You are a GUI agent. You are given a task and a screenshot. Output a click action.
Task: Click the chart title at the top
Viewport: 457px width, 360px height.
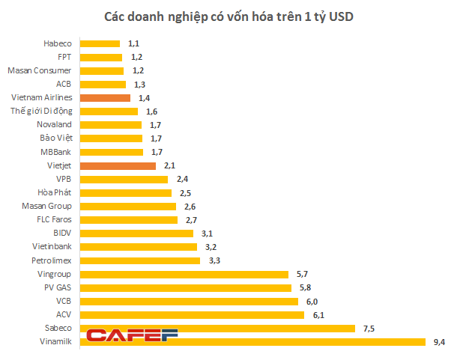[x=228, y=16]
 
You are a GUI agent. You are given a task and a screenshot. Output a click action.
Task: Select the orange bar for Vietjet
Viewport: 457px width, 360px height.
[x=118, y=165]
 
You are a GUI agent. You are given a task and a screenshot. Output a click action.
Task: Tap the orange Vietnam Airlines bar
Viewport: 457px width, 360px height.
[x=105, y=97]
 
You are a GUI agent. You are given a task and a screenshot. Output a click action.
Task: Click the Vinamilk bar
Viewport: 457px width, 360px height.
[x=252, y=341]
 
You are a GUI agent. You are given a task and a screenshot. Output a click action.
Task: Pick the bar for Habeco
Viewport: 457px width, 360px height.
[x=100, y=43]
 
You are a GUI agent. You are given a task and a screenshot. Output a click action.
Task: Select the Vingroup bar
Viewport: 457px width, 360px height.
[x=184, y=274]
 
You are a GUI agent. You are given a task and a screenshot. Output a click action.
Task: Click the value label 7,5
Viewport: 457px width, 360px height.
[x=369, y=328]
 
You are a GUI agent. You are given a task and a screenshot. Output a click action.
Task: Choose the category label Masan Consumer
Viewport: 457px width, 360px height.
[x=40, y=70]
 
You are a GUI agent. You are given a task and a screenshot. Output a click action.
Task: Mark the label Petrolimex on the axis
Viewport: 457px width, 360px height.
[x=52, y=260]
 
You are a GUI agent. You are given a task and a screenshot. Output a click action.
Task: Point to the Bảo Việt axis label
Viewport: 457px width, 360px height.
[x=55, y=138]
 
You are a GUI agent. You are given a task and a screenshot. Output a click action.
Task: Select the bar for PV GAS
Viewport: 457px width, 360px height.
[x=185, y=287]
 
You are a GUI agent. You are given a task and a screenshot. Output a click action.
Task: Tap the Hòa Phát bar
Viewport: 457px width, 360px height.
[x=126, y=192]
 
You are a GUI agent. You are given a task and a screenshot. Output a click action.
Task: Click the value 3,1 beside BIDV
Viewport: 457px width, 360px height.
[x=207, y=233]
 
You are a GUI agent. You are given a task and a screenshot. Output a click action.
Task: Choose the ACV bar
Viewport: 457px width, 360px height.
[x=192, y=314]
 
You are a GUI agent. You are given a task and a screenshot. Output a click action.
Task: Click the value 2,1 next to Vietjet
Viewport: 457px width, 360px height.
[x=169, y=165]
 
